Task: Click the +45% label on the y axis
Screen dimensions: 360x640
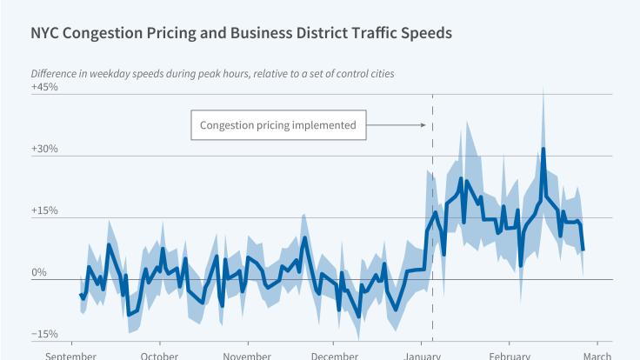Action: pyautogui.click(x=44, y=87)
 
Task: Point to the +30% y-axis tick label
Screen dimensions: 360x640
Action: pyautogui.click(x=44, y=149)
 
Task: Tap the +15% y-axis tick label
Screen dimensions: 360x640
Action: pyautogui.click(x=44, y=210)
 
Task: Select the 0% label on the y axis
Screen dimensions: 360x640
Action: pyautogui.click(x=38, y=273)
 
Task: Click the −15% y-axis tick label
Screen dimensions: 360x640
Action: pyautogui.click(x=44, y=335)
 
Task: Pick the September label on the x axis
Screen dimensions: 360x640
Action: pyautogui.click(x=71, y=356)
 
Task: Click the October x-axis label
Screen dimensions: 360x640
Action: pyautogui.click(x=159, y=356)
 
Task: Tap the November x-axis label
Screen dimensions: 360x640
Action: pyautogui.click(x=247, y=356)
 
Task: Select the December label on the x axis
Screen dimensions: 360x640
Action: pyautogui.click(x=335, y=356)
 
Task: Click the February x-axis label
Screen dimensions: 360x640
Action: pyautogui.click(x=510, y=356)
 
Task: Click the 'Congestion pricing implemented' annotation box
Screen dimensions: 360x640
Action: pyautogui.click(x=278, y=125)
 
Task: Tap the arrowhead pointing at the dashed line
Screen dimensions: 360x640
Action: pyautogui.click(x=423, y=125)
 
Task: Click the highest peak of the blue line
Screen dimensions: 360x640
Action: pyautogui.click(x=543, y=149)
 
